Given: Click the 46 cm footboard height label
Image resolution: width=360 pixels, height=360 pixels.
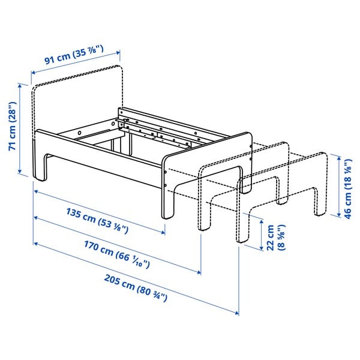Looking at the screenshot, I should coord(348,189).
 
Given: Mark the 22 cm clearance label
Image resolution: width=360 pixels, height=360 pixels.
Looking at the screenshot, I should coord(271,238).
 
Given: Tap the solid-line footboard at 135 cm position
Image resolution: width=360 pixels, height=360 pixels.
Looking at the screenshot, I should coord(207,150).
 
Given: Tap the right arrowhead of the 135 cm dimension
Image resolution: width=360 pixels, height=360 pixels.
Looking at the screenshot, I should coord(163,233).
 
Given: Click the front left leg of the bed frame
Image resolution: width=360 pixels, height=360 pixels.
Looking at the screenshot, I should coord(42,168).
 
